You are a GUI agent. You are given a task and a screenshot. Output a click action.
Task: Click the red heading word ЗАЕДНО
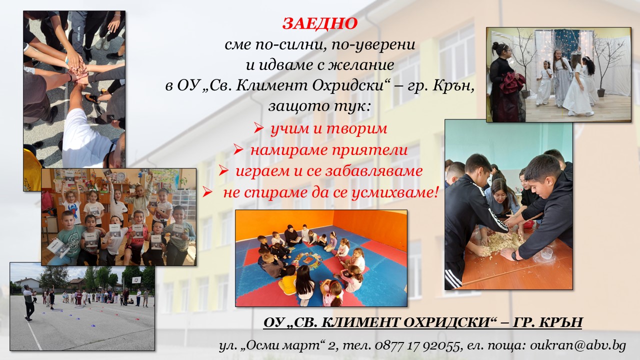[x=320, y=23]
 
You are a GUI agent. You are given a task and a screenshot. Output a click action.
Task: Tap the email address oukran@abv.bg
[x=578, y=345]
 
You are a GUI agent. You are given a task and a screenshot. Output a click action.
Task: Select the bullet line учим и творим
[x=328, y=129]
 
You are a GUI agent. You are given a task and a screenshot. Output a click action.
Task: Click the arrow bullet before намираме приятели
[x=238, y=149]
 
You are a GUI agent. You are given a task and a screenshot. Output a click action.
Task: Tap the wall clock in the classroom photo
[x=121, y=176]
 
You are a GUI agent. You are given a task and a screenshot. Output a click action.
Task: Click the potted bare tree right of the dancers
[x=608, y=65]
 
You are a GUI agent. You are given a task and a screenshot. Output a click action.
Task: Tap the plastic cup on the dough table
[x=547, y=253]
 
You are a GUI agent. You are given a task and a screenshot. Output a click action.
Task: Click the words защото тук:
[x=319, y=106]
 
